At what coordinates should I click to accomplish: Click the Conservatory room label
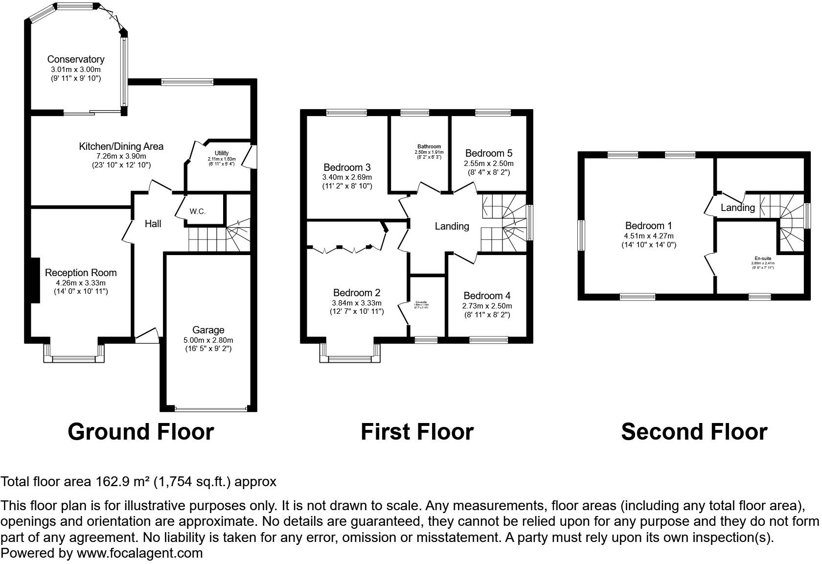tap(75, 59)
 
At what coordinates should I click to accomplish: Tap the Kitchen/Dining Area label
tap(121, 146)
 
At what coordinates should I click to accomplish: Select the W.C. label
tap(198, 211)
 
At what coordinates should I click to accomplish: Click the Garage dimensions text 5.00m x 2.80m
tap(208, 340)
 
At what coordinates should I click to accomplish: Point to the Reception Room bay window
tap(74, 359)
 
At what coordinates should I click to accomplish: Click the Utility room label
tap(222, 153)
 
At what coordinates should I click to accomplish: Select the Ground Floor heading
tap(140, 432)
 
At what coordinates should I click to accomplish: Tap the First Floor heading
tap(417, 432)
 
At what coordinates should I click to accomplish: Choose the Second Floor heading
tap(694, 432)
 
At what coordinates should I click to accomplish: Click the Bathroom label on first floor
tap(429, 146)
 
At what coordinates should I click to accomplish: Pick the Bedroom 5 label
tap(488, 153)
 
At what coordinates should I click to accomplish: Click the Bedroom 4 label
tap(487, 296)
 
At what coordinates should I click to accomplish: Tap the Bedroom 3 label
tap(347, 167)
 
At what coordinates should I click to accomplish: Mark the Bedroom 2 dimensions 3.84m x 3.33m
tap(356, 303)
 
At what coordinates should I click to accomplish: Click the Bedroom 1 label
tap(648, 226)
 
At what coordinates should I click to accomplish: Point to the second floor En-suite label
tap(763, 258)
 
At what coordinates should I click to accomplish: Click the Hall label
tap(153, 224)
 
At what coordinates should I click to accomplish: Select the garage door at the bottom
tap(211, 409)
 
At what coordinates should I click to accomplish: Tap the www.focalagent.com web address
tap(139, 553)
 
